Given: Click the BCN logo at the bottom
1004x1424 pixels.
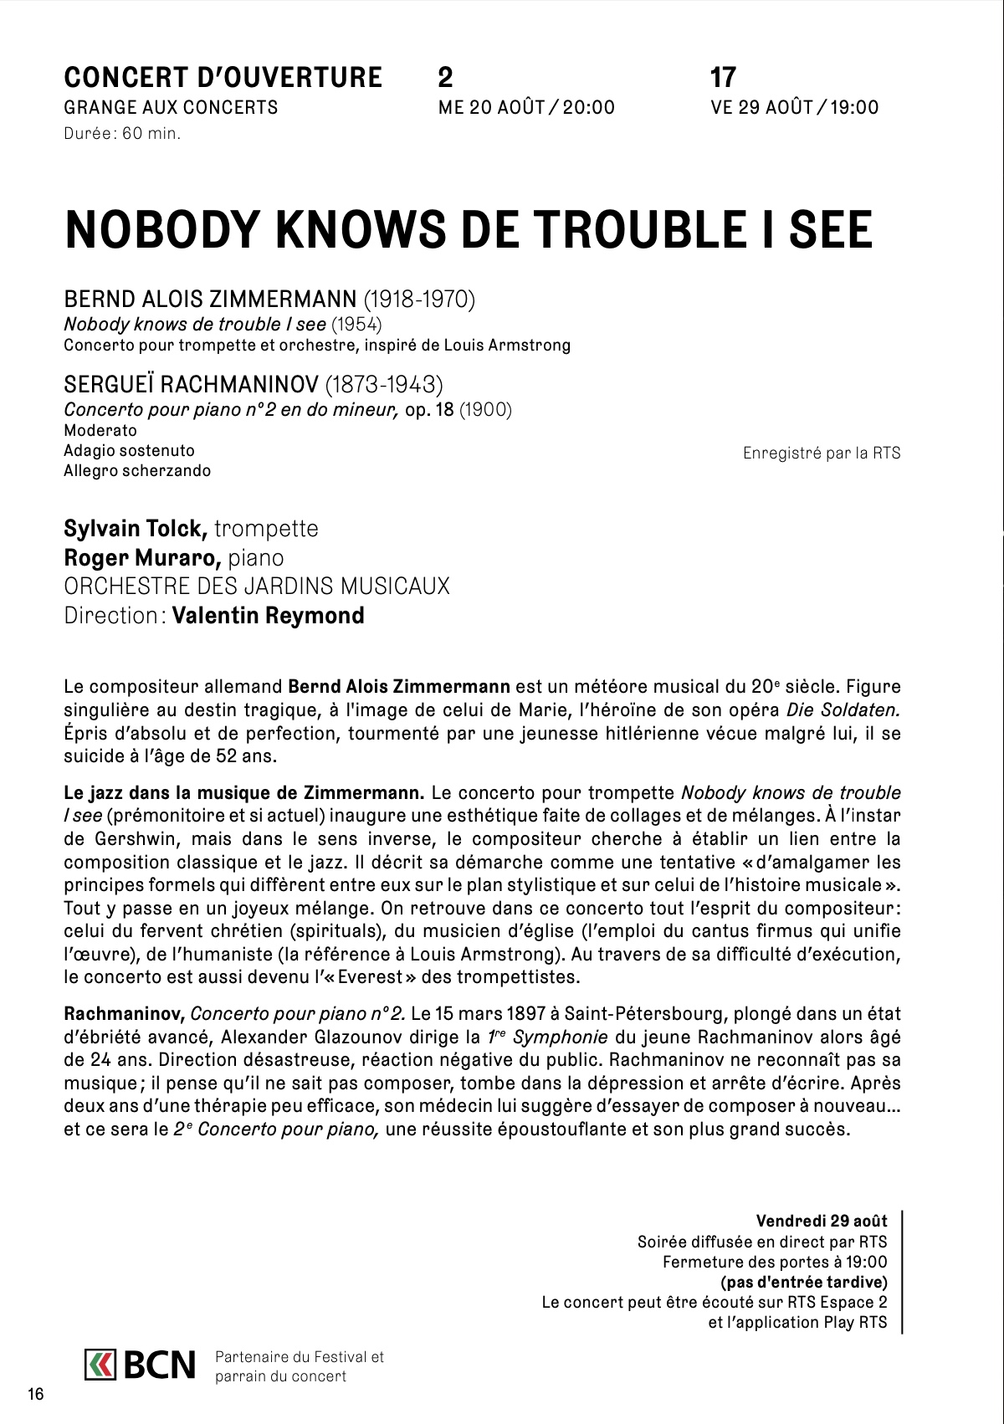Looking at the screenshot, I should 140,1365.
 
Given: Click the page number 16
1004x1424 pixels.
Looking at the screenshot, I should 35,1394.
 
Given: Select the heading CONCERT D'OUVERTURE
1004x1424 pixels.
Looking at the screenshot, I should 223,78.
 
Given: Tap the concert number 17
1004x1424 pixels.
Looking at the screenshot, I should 722,78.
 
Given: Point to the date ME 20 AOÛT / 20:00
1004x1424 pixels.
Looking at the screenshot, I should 526,107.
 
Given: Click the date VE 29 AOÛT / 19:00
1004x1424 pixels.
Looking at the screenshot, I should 794,107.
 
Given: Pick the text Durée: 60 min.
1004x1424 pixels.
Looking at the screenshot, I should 122,133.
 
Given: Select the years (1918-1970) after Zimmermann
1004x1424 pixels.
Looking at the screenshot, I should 418,299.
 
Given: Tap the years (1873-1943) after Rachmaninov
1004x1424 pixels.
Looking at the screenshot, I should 384,384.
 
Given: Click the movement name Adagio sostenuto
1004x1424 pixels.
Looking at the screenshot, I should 129,450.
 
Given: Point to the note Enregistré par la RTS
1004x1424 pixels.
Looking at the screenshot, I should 821,453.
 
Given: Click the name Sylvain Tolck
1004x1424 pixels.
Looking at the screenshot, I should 136,529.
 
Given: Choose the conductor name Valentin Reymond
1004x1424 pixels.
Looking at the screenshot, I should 269,616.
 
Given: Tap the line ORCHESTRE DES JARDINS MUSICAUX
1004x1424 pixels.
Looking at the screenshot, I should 257,586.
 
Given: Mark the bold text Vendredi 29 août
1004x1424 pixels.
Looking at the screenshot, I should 822,1221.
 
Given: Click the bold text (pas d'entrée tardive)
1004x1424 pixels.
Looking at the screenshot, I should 804,1282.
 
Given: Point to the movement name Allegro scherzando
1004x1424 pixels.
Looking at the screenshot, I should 137,470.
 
